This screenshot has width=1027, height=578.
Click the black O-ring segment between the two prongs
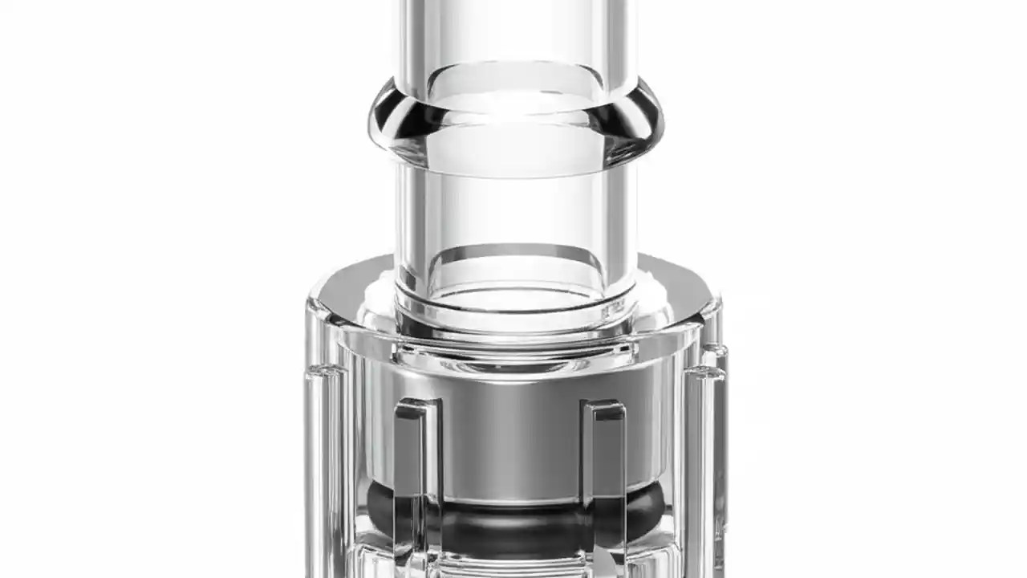point(513,522)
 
